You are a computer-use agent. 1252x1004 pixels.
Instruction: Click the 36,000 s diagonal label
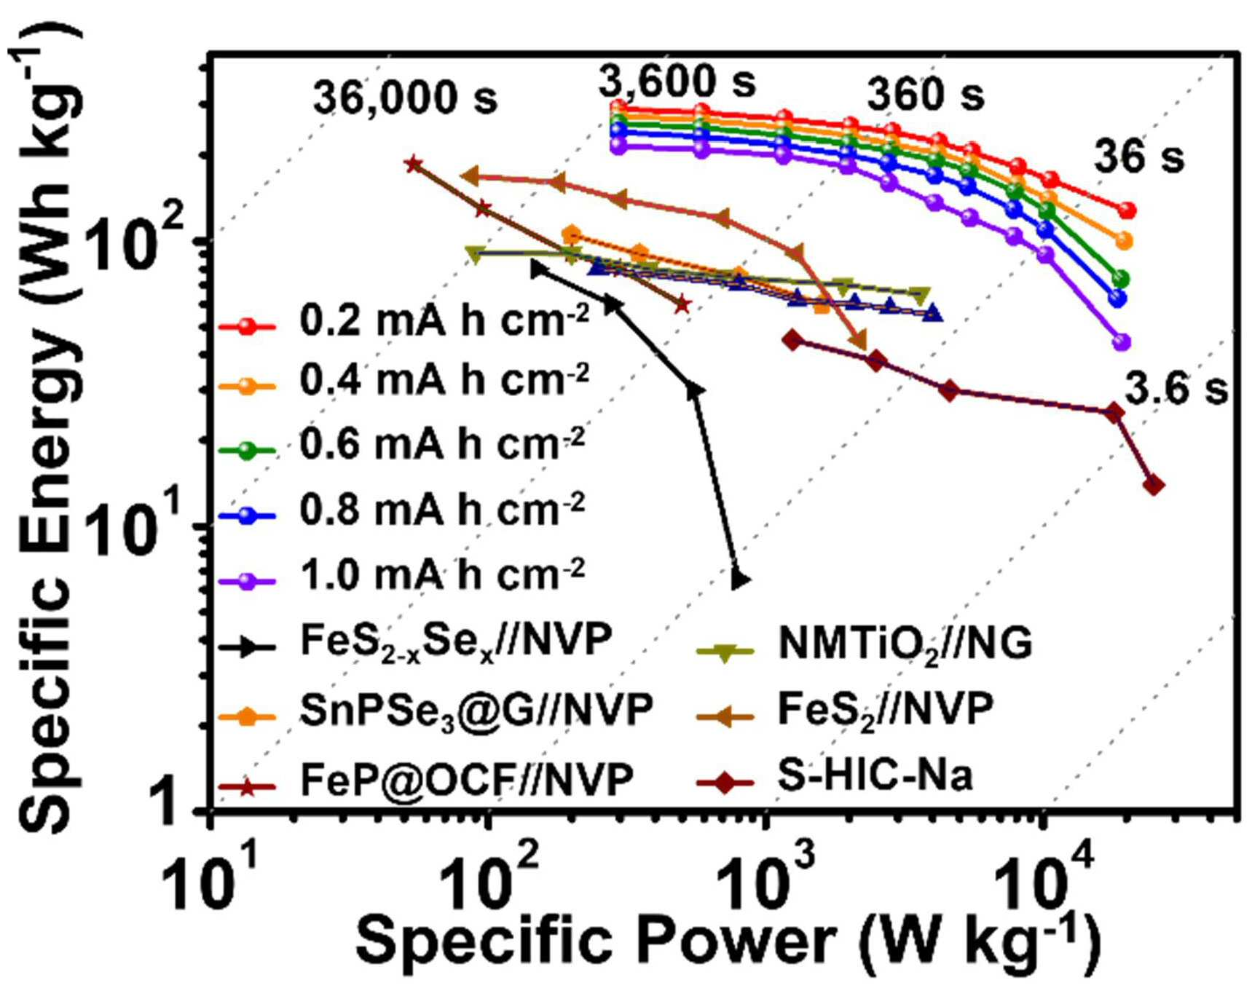(405, 98)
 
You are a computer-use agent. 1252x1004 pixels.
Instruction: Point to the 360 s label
(925, 95)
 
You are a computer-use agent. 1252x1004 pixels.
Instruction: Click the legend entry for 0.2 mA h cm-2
(404, 320)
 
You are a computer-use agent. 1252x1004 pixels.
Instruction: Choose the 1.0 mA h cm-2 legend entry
(403, 575)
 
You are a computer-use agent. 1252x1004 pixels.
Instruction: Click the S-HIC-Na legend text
(874, 776)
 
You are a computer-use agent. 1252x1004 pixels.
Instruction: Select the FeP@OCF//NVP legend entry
(426, 779)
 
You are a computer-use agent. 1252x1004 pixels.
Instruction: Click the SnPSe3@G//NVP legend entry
(436, 710)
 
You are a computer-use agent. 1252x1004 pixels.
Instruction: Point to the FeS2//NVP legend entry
(845, 708)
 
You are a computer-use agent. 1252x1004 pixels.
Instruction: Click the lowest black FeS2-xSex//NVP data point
(740, 580)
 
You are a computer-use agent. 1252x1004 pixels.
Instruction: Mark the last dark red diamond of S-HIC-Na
(1154, 485)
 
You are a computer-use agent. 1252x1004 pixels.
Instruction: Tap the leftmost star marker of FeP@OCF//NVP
(413, 164)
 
